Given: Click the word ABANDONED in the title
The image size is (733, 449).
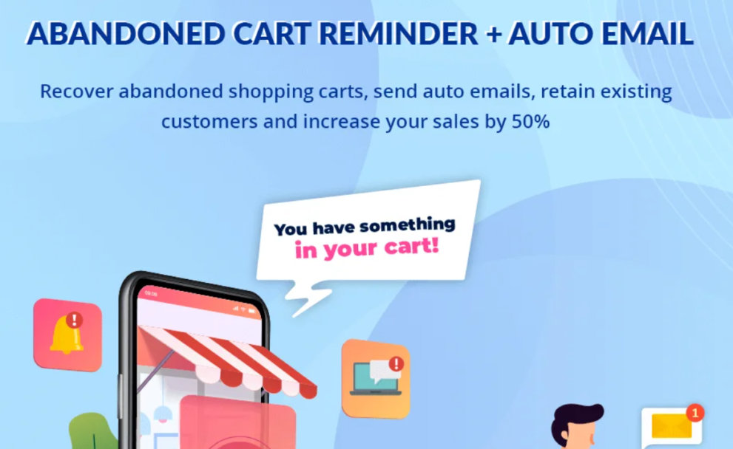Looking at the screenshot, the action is pyautogui.click(x=126, y=34).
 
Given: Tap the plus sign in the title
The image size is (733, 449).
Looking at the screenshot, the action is pyautogui.click(x=493, y=35).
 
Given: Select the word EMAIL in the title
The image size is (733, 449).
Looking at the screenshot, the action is pyautogui.click(x=647, y=34).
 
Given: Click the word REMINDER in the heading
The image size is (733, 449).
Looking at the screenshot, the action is pyautogui.click(x=398, y=34).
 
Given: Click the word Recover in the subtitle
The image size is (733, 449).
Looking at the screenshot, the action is pyautogui.click(x=77, y=91).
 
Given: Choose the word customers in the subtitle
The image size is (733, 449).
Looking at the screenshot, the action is pyautogui.click(x=209, y=122).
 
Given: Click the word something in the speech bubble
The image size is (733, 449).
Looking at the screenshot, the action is pyautogui.click(x=408, y=225).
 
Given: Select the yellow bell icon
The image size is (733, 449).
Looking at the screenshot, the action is pyautogui.click(x=65, y=335).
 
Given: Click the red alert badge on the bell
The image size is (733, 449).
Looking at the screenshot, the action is pyautogui.click(x=74, y=321).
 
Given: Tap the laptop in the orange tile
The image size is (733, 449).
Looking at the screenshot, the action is pyautogui.click(x=375, y=379).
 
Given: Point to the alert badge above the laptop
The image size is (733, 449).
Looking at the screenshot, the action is pyautogui.click(x=396, y=363).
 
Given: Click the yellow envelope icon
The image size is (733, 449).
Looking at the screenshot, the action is pyautogui.click(x=672, y=426).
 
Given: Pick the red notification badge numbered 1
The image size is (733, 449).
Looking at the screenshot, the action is pyautogui.click(x=695, y=413).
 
